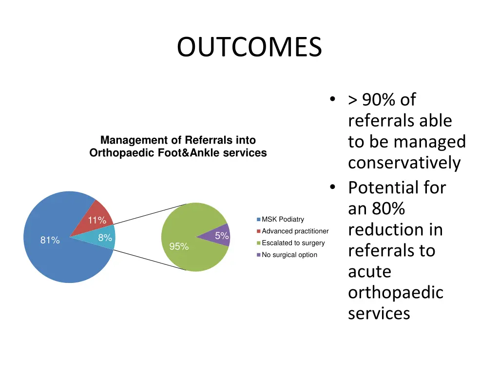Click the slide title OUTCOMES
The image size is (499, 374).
(249, 48)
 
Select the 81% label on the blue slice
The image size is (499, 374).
(50, 240)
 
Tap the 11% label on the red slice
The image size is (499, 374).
(96, 220)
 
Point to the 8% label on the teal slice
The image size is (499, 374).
(105, 238)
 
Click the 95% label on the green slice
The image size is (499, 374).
(179, 246)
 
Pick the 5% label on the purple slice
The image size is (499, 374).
(222, 236)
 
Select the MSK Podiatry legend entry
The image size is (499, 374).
(283, 220)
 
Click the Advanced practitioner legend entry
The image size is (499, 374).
(295, 231)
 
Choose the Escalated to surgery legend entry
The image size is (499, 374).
(293, 243)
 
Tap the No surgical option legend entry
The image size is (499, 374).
(289, 255)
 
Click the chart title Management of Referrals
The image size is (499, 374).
(178, 140)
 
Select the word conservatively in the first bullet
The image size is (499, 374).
(404, 163)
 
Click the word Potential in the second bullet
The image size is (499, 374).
(397, 187)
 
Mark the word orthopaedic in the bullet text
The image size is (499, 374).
(395, 292)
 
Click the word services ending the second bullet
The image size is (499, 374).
(379, 313)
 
